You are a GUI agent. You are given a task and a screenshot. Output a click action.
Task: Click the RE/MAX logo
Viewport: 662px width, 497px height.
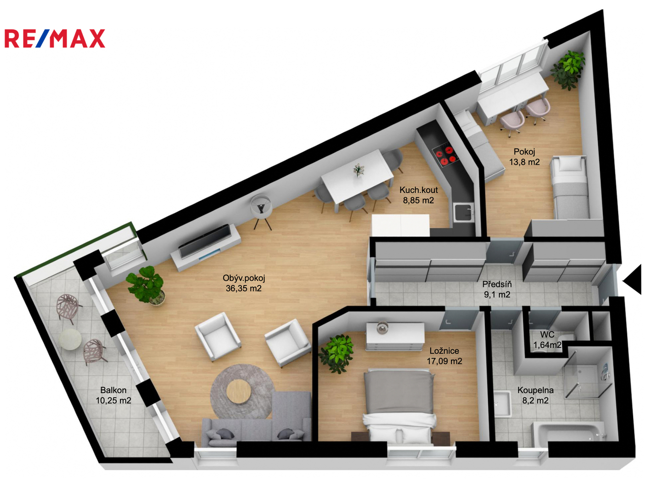tap(55, 39)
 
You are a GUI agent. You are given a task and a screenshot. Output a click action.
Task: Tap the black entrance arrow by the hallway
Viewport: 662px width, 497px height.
tap(632, 279)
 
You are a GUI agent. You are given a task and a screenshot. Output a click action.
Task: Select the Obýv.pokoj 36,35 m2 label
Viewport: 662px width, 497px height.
tap(243, 283)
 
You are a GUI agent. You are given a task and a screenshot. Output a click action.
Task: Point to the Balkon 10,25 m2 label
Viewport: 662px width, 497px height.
tap(114, 395)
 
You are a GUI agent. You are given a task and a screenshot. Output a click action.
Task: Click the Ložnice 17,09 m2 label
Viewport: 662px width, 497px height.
tap(444, 356)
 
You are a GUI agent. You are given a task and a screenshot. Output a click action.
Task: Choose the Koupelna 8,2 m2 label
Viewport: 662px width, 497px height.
tap(535, 395)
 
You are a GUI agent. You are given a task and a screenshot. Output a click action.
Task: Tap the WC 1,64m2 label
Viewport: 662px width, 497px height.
tap(547, 340)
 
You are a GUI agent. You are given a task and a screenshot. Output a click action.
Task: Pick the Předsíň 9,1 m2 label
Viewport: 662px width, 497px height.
tap(497, 289)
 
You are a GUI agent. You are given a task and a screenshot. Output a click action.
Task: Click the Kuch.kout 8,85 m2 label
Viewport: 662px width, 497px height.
tap(419, 195)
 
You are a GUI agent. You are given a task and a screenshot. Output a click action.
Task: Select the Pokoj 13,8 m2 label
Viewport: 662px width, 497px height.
tap(525, 156)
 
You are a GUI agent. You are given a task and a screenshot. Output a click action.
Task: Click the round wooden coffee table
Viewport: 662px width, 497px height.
tap(238, 391)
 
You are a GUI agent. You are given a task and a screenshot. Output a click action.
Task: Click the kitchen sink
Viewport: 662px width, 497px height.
tap(463, 212)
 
